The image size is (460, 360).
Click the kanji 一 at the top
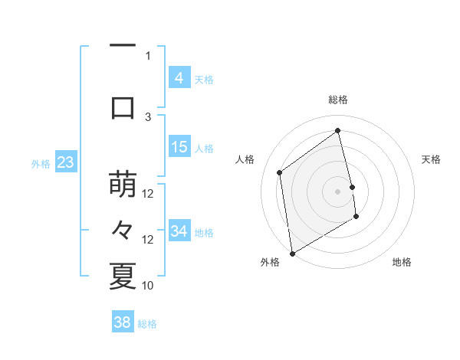(123, 47)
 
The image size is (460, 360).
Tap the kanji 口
(123, 107)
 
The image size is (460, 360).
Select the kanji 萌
(123, 185)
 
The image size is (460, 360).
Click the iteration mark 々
(123, 231)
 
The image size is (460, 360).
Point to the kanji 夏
(123, 277)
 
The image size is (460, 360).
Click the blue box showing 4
(179, 78)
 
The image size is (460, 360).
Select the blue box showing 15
(179, 147)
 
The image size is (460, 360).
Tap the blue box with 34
(179, 231)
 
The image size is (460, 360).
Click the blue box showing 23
(65, 162)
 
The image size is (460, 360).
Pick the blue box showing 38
(123, 322)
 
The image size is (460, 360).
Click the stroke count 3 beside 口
(148, 116)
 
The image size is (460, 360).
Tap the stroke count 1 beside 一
(148, 55)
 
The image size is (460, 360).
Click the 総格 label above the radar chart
(338, 100)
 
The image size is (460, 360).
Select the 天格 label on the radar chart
(432, 159)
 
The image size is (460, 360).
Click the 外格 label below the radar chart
(270, 262)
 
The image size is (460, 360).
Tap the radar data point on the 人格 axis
(280, 172)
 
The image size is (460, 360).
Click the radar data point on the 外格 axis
(292, 253)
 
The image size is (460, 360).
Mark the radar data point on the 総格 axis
(338, 130)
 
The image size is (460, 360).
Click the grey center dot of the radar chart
(338, 191)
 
